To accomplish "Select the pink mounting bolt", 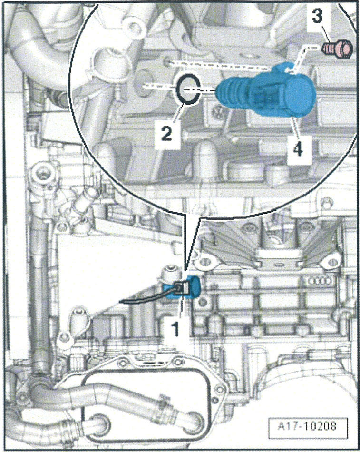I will click(337, 48).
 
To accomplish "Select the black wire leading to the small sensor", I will click(143, 299).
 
